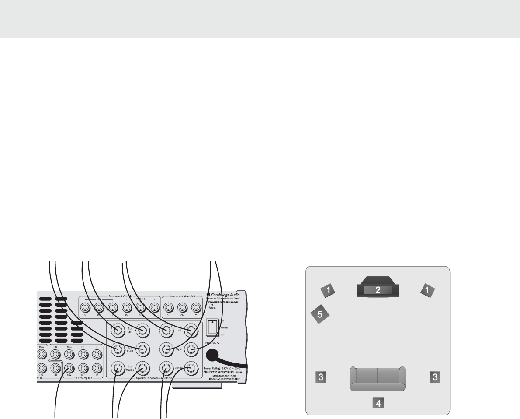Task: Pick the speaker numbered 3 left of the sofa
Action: (x=320, y=377)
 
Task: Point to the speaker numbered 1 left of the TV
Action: (x=329, y=289)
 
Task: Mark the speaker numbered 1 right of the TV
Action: (x=428, y=289)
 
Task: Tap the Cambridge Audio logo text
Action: (x=226, y=295)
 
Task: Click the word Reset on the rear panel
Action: (x=212, y=308)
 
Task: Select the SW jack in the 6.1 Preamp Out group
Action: (x=69, y=368)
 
